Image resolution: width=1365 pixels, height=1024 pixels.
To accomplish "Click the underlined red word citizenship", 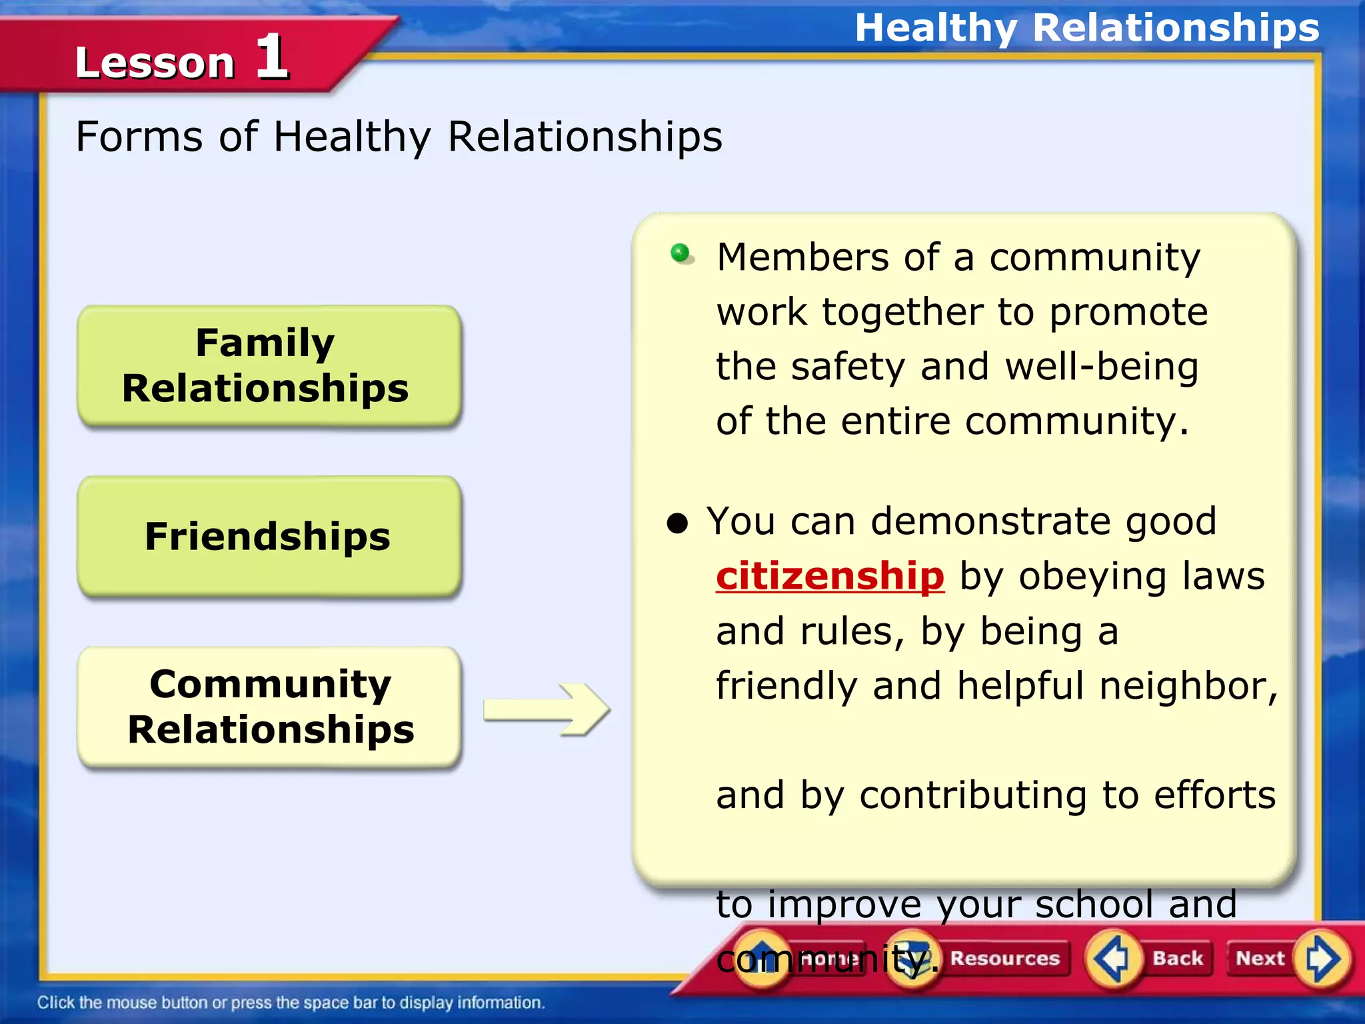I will coord(830,577).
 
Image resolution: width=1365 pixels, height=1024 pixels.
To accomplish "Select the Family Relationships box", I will coord(269,365).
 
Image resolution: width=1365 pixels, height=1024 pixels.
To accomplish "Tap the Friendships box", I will coord(269,536).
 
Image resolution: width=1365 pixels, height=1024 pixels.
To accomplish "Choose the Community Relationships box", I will coord(269,707).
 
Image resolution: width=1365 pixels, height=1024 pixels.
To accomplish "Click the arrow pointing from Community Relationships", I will coord(547,709).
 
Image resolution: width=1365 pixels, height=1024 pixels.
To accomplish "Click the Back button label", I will coord(1178,958).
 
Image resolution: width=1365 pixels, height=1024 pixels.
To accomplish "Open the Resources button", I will coord(1004,958).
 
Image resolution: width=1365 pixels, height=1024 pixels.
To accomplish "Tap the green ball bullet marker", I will coord(681,253).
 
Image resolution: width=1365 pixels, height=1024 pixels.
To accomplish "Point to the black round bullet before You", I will coord(677,523).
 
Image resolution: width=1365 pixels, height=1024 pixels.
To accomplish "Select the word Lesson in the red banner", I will coord(155,63).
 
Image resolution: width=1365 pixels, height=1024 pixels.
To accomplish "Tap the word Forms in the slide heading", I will coord(139,137).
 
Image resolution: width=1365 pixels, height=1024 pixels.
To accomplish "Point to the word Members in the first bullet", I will coord(802,257).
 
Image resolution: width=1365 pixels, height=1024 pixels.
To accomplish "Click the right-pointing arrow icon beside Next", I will coord(1321,959).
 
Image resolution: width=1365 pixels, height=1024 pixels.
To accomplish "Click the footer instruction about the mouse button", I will coord(291,1003).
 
